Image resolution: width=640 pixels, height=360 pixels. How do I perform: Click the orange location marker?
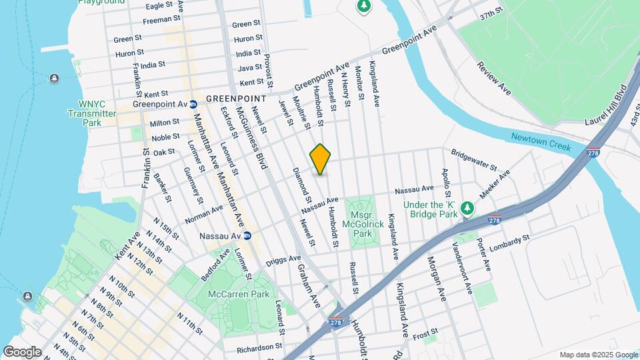321,159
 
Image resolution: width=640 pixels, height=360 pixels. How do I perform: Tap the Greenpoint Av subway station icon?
193,104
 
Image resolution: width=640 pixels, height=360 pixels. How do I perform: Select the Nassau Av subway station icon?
247,235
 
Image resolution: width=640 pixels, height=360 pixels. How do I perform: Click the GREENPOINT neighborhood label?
235,98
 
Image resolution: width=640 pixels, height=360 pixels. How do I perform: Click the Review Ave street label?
494,79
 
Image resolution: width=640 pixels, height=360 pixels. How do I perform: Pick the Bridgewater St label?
474,159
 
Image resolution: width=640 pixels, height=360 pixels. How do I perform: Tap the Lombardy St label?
509,243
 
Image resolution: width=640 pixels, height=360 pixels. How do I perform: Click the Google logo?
22,351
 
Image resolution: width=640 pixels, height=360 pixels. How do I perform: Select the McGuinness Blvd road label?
260,148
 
